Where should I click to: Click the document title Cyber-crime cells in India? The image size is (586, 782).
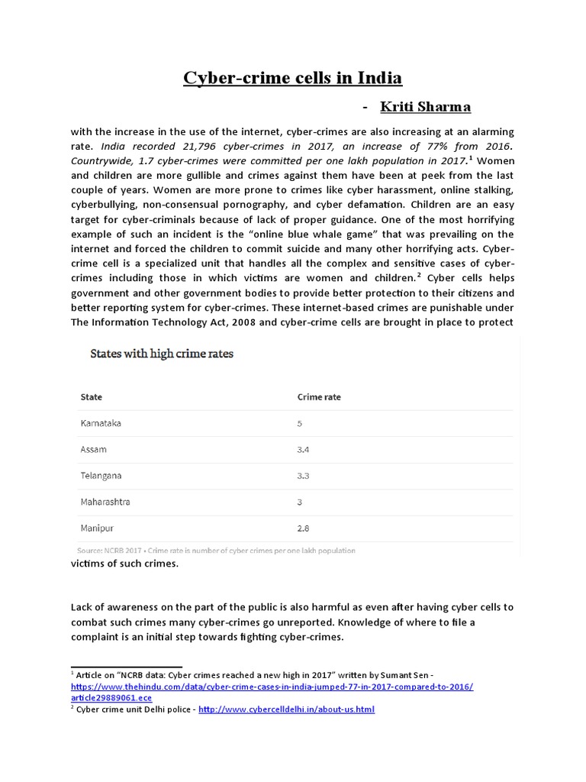point(292,78)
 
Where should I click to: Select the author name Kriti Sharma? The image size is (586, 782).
point(425,106)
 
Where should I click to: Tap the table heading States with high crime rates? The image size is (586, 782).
point(162,354)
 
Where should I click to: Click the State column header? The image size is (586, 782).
point(91,397)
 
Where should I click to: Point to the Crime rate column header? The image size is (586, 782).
point(318,397)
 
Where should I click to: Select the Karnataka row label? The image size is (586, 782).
point(101,422)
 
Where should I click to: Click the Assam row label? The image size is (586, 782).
point(93,449)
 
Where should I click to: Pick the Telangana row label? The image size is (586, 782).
point(101,475)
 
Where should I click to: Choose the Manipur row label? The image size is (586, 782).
point(98,528)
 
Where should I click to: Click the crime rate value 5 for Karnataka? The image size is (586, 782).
point(300,422)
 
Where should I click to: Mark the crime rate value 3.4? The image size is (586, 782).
point(303,449)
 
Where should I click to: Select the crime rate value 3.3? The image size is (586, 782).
point(303,475)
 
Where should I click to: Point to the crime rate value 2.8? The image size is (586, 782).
point(303,528)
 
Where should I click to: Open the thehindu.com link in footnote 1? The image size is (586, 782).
point(272,687)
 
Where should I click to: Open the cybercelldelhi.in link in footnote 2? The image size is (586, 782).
point(286,709)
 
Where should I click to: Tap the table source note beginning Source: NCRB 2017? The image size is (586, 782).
point(216,550)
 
